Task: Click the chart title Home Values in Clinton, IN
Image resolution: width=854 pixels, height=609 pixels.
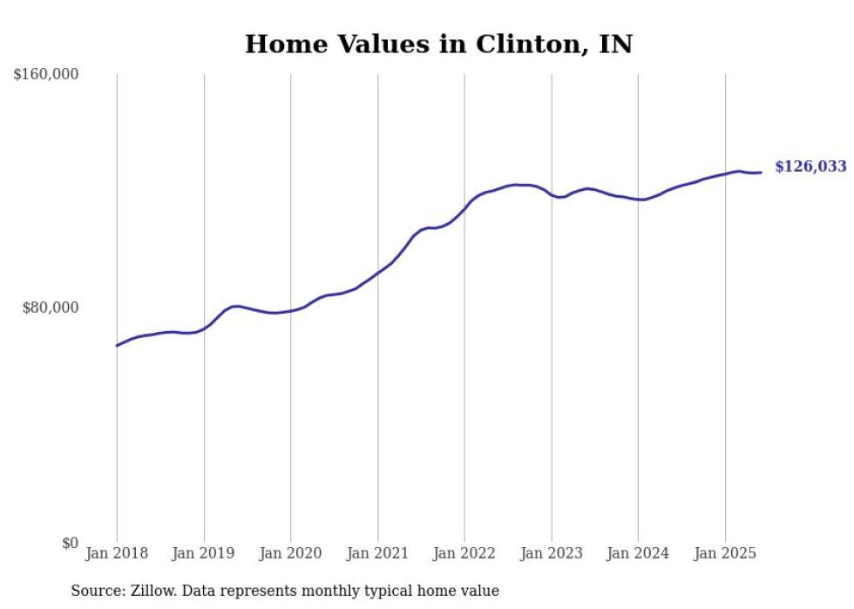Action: point(438,44)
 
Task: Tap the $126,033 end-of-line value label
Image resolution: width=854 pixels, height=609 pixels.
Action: point(810,166)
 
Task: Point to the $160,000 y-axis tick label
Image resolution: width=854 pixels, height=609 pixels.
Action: point(45,75)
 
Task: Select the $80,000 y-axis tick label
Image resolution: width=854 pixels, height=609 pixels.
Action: point(49,308)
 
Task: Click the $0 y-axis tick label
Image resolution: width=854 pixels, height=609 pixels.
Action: point(70,544)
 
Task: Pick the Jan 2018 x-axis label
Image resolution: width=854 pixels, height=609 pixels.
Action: point(117,552)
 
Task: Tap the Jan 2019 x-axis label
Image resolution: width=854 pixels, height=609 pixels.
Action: point(204,552)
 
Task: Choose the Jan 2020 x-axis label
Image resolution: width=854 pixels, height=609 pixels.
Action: point(291,552)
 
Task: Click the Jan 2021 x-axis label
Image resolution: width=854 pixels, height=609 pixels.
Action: point(377,552)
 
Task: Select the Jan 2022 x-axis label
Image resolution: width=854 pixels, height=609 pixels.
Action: point(464,552)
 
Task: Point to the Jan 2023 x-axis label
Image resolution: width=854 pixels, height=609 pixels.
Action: point(552,552)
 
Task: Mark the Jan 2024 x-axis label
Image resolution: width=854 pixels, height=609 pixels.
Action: point(638,552)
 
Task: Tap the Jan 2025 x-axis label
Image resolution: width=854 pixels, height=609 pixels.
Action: point(725,552)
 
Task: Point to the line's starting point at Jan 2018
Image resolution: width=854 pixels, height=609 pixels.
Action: point(117,346)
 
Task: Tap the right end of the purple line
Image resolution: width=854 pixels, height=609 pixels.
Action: point(761,173)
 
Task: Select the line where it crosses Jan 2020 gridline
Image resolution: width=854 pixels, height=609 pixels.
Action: point(291,310)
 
